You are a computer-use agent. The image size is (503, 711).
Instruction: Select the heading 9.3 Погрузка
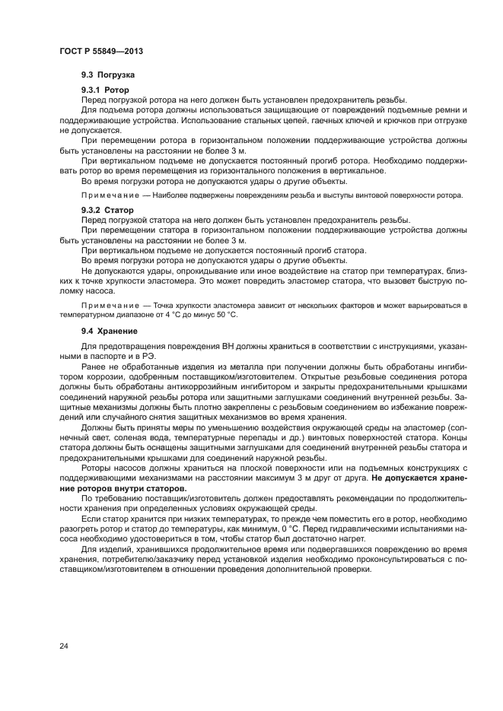pyautogui.click(x=109, y=76)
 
